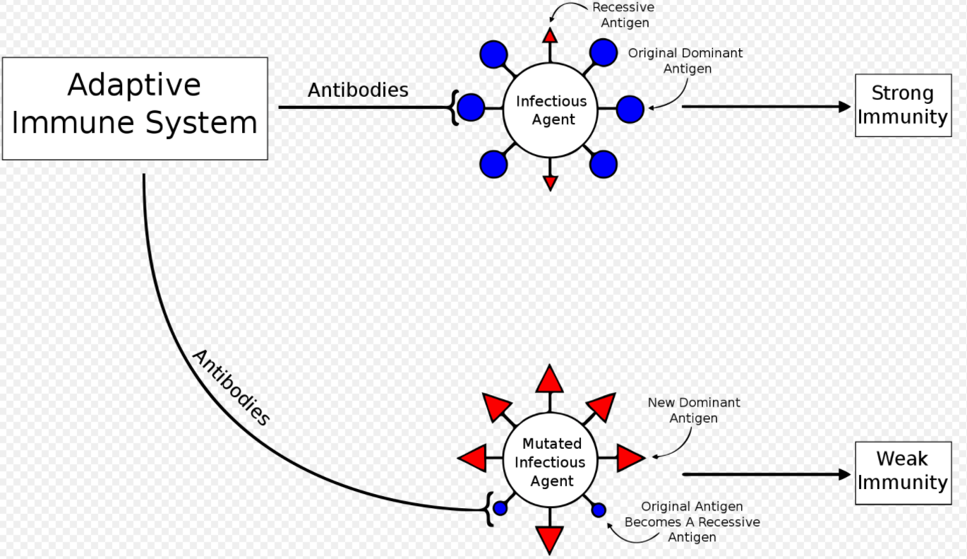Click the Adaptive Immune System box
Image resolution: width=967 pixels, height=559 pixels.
click(135, 108)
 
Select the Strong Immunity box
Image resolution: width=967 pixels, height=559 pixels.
click(902, 105)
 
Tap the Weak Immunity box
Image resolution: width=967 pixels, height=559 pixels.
click(902, 472)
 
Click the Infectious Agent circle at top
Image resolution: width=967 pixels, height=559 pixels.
click(551, 110)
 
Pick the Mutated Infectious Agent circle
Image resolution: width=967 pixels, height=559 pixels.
click(551, 461)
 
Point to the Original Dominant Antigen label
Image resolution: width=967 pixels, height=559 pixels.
click(685, 61)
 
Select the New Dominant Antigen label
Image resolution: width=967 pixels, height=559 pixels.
click(694, 410)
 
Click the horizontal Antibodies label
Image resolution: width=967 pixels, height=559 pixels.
click(358, 90)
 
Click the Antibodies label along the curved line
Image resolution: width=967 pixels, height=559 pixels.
click(231, 388)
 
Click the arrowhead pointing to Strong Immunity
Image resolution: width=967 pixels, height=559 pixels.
click(844, 107)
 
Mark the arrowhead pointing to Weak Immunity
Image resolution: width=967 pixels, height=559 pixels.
click(844, 474)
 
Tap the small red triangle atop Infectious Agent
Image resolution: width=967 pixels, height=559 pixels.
click(551, 36)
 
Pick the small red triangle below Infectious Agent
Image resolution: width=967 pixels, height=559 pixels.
click(551, 183)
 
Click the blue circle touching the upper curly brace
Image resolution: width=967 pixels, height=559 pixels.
click(471, 107)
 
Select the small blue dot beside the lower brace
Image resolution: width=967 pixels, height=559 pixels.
click(500, 508)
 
